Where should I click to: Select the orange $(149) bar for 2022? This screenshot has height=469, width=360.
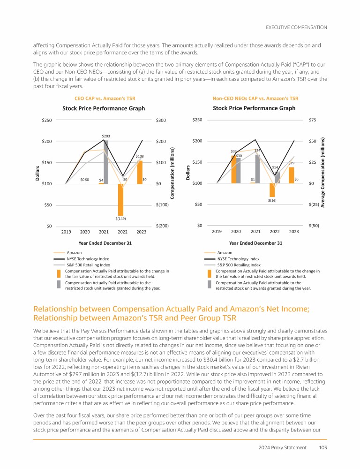tap(120, 199)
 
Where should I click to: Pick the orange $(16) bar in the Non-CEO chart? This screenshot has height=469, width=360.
tap(272, 189)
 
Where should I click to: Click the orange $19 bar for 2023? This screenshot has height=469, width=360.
tap(291, 175)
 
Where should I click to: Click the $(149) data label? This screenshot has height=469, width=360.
tap(121, 219)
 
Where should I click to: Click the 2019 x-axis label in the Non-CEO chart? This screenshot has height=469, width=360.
tap(217, 232)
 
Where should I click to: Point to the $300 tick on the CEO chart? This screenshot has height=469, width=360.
tap(161, 121)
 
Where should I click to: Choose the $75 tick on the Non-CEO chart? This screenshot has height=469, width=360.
tap(312, 121)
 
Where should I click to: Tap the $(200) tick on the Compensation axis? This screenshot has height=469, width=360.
tap(162, 226)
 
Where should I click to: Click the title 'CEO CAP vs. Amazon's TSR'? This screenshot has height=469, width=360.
tap(102, 98)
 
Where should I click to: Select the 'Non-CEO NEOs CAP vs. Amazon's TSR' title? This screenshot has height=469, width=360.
tap(255, 98)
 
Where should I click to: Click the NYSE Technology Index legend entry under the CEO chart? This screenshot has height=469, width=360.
tap(88, 258)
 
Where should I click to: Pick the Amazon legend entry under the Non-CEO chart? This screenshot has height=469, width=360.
tap(225, 252)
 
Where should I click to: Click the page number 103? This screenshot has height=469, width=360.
tap(322, 446)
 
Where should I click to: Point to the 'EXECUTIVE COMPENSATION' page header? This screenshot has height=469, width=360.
tap(296, 28)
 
